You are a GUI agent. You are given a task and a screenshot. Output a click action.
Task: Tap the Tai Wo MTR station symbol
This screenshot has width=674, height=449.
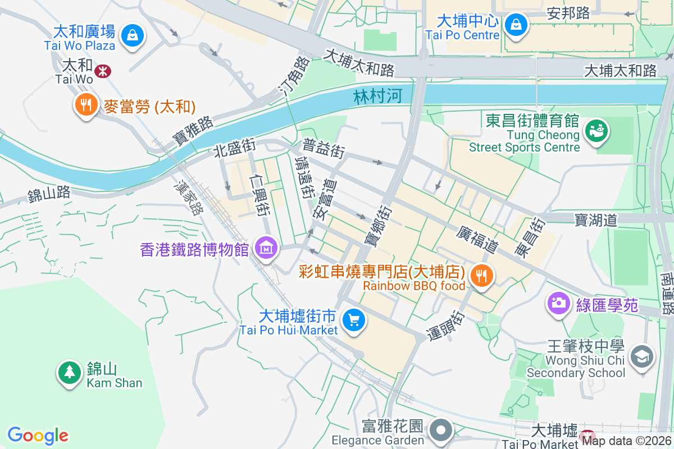pyautogui.click(x=102, y=71)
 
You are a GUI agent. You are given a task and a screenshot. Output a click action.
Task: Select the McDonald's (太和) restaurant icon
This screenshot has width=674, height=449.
pyautogui.click(x=85, y=105)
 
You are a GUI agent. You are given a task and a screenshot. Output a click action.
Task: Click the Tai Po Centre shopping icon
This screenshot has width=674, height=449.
pyautogui.click(x=514, y=24)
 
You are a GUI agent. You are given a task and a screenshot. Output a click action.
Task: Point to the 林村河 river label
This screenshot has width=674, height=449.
pyautogui.click(x=378, y=96)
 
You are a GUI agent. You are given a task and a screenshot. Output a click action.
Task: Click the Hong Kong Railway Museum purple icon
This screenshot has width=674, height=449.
pyautogui.click(x=266, y=247)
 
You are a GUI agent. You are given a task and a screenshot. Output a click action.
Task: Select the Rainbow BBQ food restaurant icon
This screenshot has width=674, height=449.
pyautogui.click(x=481, y=276)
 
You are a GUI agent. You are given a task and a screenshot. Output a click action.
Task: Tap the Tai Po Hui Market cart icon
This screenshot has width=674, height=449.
pyautogui.click(x=354, y=320)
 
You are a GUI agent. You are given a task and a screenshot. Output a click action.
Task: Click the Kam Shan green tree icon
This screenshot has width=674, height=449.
pyautogui.click(x=69, y=371)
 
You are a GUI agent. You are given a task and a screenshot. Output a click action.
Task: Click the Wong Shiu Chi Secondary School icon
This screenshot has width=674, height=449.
pyautogui.click(x=641, y=356)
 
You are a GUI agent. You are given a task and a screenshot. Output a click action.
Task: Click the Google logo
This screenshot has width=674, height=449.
pyautogui.click(x=38, y=436)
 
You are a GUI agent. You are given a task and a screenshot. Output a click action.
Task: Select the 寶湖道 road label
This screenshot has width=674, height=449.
pyautogui.click(x=596, y=219)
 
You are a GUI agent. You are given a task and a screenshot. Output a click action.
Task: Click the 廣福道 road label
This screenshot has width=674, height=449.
pyautogui.click(x=477, y=239)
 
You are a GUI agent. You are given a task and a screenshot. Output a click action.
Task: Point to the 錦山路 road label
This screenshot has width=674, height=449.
pyautogui.click(x=49, y=194)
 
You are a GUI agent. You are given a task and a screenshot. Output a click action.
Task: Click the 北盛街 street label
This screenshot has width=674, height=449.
pyautogui.click(x=234, y=148)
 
